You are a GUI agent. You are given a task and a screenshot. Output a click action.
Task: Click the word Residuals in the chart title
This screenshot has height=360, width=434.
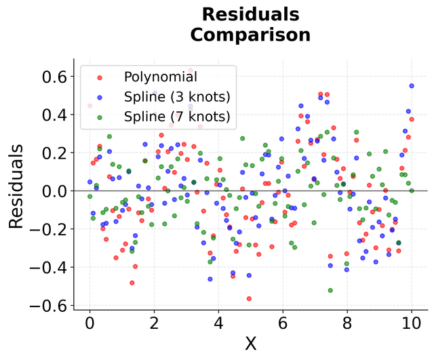[x=250, y=14]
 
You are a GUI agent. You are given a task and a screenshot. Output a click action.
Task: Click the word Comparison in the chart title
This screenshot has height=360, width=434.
[x=250, y=35]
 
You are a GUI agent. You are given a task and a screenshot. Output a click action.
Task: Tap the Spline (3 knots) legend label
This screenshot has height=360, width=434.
[x=178, y=96]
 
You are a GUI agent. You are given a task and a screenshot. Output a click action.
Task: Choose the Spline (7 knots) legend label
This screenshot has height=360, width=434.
[x=178, y=116]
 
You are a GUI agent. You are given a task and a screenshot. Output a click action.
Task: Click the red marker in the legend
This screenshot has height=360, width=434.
[x=100, y=77]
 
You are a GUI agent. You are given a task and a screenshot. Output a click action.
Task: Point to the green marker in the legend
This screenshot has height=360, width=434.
[x=100, y=117]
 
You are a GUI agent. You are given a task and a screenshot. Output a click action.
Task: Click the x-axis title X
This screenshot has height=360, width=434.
[x=250, y=344]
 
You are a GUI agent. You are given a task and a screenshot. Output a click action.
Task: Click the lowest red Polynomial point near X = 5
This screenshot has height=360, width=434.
[x=249, y=298]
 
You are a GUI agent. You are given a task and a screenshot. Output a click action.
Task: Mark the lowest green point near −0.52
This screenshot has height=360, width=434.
[x=330, y=290]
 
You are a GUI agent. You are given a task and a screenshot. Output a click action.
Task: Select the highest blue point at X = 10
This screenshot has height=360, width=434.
[x=412, y=86]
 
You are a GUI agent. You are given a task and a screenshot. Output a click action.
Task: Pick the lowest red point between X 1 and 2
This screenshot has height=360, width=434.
[x=132, y=282]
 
